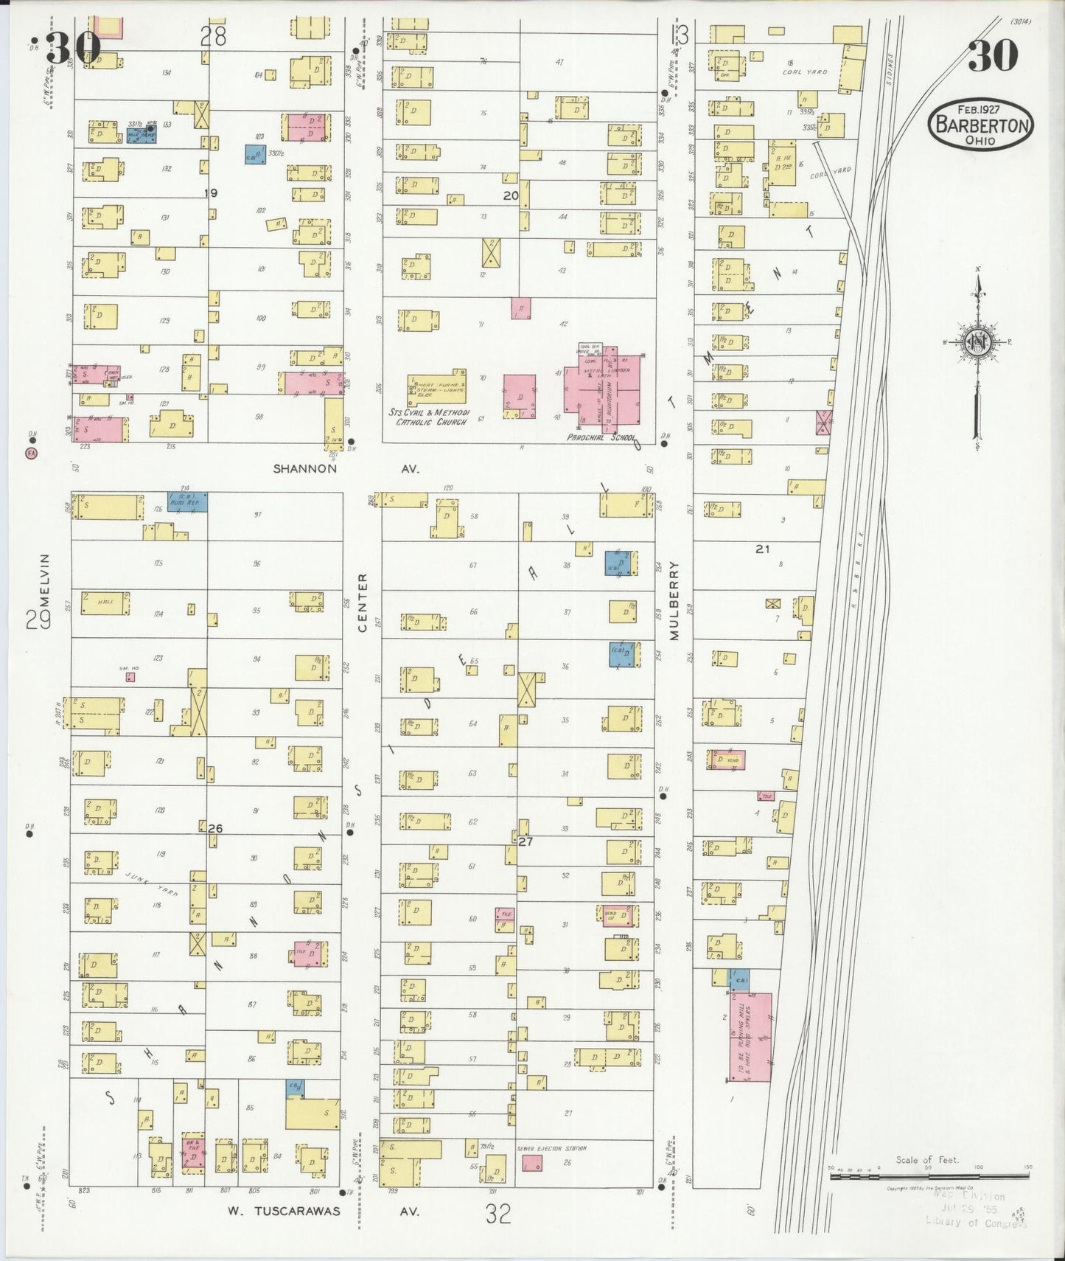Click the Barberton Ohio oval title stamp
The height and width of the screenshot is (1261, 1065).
(981, 125)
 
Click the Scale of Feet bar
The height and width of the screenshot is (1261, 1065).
(929, 1177)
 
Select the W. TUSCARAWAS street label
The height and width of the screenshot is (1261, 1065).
(283, 1211)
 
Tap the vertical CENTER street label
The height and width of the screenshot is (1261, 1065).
(362, 602)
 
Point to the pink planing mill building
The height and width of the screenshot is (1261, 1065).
(750, 1037)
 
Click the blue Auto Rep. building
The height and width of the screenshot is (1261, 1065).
(187, 502)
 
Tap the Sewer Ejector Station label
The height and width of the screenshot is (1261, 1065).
(551, 1149)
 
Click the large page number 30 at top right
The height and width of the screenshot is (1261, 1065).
(993, 56)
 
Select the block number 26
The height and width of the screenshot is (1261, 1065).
(214, 828)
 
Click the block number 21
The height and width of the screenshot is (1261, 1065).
(762, 549)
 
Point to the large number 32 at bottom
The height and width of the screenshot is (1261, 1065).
(498, 1214)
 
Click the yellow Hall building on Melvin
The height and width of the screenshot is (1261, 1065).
(105, 602)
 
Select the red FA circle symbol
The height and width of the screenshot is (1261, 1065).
(31, 452)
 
